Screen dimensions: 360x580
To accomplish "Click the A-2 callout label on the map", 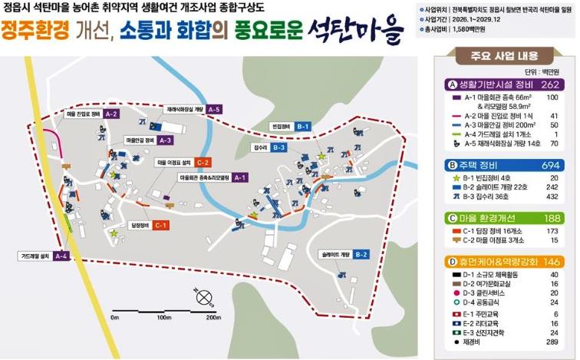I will (x=111, y=114).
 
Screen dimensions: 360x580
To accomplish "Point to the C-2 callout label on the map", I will (x=202, y=162).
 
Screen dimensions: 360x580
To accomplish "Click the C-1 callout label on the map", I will (x=160, y=225).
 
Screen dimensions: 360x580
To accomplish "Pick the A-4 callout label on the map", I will (x=62, y=256).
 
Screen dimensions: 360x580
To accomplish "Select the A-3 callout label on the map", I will (x=166, y=141).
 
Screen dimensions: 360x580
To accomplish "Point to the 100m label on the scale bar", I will (x=163, y=317).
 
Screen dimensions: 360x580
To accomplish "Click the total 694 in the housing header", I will (x=551, y=164).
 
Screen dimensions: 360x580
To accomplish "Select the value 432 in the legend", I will (x=550, y=197).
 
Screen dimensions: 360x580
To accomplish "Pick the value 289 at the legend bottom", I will (x=550, y=345).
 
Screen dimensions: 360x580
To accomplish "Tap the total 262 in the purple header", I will (x=551, y=84).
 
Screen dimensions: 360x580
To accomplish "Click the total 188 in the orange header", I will (x=551, y=217).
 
